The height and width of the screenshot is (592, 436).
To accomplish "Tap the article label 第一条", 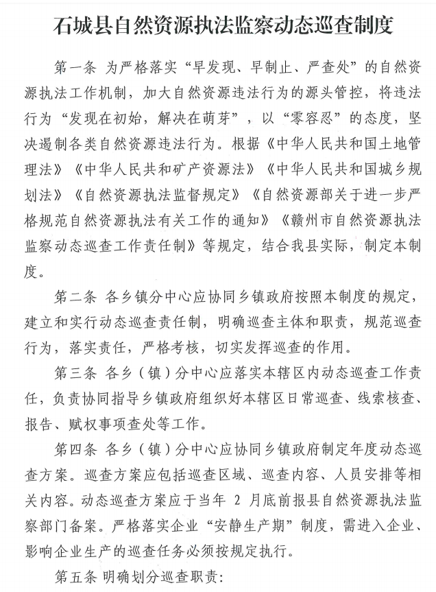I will (74, 69).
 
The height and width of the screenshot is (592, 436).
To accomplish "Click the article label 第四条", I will (74, 452).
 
